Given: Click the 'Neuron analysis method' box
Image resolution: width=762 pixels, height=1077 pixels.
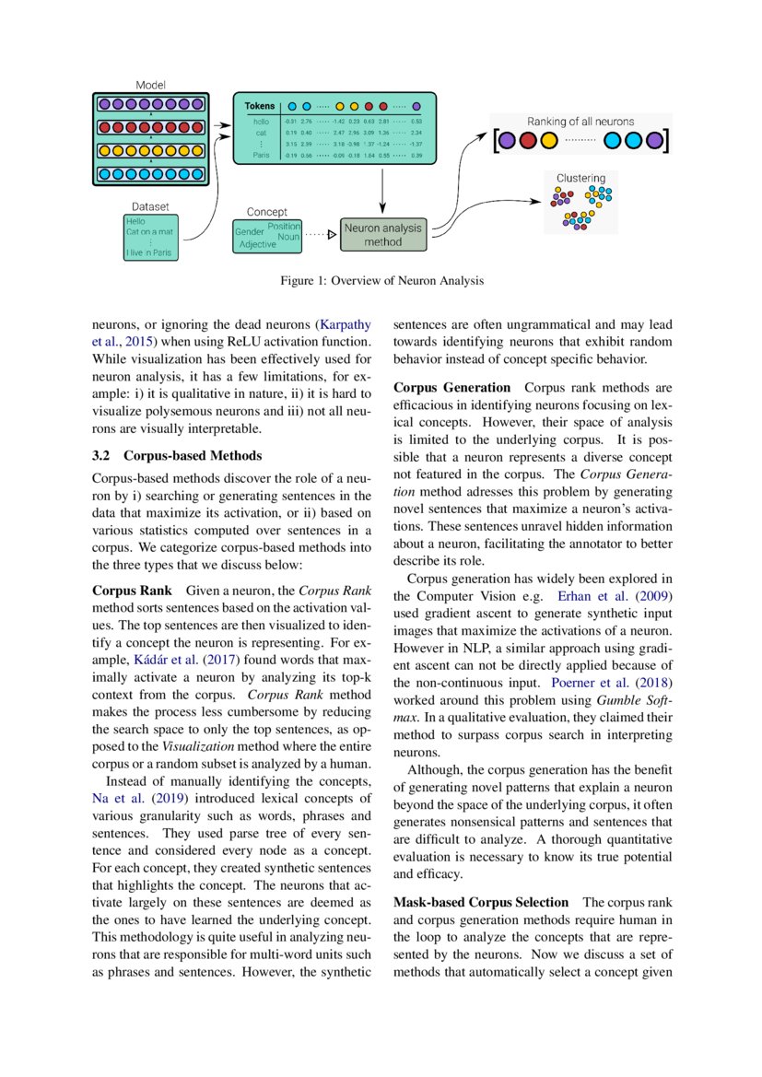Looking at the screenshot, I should (x=383, y=235).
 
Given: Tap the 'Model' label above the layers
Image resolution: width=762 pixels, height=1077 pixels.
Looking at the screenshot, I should (x=151, y=84).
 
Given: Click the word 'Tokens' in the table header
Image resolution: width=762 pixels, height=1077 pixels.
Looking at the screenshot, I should (x=259, y=106).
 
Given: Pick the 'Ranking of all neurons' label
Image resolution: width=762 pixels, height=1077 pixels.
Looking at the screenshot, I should (x=580, y=122).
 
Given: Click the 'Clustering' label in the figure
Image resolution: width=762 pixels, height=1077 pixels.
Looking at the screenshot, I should (x=580, y=178).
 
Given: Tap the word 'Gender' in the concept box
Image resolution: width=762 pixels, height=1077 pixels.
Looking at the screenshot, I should (x=250, y=233).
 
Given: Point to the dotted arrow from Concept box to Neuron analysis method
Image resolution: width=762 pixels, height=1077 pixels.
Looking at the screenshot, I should (x=319, y=235).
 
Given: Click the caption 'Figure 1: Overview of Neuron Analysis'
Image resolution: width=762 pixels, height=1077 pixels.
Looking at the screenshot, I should (x=381, y=281).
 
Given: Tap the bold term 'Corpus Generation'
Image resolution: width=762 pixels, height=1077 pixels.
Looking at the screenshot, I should (x=451, y=388).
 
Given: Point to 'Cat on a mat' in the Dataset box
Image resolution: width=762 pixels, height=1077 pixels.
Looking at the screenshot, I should (x=151, y=232).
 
